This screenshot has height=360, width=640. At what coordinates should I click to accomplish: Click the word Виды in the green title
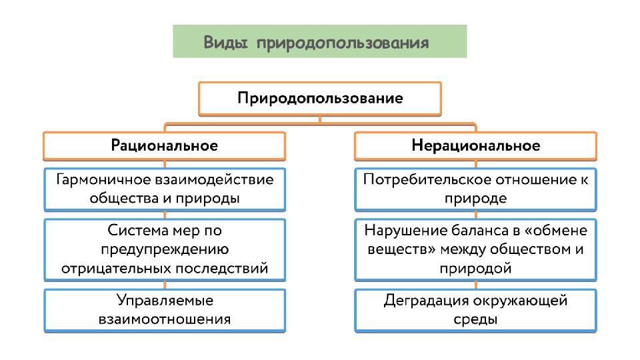coord(225,43)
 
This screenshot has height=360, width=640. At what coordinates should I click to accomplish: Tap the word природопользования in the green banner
coord(343,43)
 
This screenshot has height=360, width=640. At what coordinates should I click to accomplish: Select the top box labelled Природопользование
coord(319,99)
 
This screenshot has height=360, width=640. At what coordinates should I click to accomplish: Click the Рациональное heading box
coord(164,146)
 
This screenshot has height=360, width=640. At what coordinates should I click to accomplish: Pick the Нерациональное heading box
coord(475,146)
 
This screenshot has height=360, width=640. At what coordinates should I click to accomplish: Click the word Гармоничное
coord(103,179)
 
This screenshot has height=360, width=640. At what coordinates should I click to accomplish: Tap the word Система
coord(138,231)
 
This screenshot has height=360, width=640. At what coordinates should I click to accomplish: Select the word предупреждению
coord(165,249)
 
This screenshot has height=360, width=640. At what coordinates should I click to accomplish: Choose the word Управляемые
coord(165,301)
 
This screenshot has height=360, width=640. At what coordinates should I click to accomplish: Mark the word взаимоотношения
coord(165,319)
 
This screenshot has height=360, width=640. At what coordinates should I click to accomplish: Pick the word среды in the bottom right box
coord(475,319)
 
